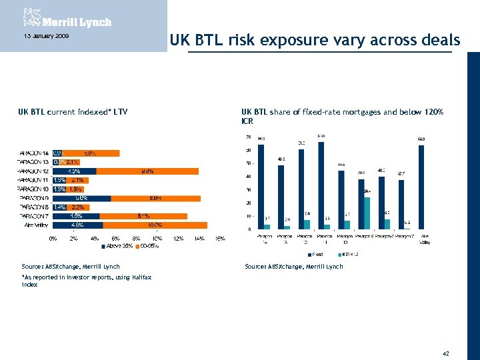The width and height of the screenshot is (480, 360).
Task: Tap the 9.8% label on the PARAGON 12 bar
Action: click(x=147, y=171)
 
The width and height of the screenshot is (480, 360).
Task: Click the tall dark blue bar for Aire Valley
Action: click(x=421, y=187)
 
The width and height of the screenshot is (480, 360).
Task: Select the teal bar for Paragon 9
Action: click(x=367, y=213)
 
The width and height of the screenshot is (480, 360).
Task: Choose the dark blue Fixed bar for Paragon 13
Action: click(x=281, y=197)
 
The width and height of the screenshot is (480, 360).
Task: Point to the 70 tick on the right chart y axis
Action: click(x=248, y=137)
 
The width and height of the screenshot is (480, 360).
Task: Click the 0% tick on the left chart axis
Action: click(x=53, y=238)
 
